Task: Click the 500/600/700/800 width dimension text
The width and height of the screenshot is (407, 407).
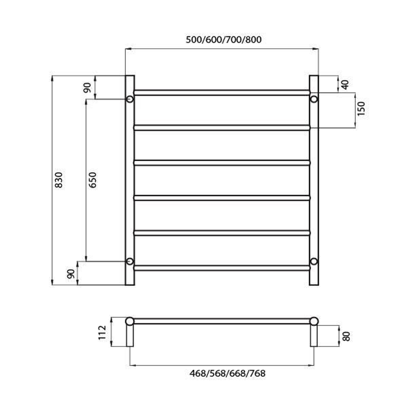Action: pyautogui.click(x=223, y=40)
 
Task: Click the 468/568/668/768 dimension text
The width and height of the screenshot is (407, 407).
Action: pyautogui.click(x=228, y=373)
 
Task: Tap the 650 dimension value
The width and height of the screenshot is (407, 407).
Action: pyautogui.click(x=93, y=180)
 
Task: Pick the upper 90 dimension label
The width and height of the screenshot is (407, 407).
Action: pyautogui.click(x=87, y=88)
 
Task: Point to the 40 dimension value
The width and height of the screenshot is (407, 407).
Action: pyautogui.click(x=345, y=84)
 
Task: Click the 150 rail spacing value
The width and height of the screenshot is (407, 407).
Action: pyautogui.click(x=361, y=109)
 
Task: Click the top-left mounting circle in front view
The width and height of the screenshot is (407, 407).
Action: pyautogui.click(x=130, y=99)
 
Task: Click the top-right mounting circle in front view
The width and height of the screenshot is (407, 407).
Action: pyautogui.click(x=314, y=99)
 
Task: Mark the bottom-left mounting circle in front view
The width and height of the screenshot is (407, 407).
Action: pyautogui.click(x=130, y=261)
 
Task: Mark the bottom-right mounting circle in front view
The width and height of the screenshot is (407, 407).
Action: pyautogui.click(x=314, y=261)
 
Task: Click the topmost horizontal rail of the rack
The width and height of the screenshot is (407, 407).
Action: pyautogui.click(x=222, y=92)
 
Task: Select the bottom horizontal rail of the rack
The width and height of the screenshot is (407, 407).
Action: pyautogui.click(x=222, y=268)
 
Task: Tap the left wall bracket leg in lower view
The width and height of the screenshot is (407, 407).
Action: pyautogui.click(x=130, y=336)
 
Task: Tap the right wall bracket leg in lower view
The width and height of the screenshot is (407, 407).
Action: pyautogui.click(x=314, y=336)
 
